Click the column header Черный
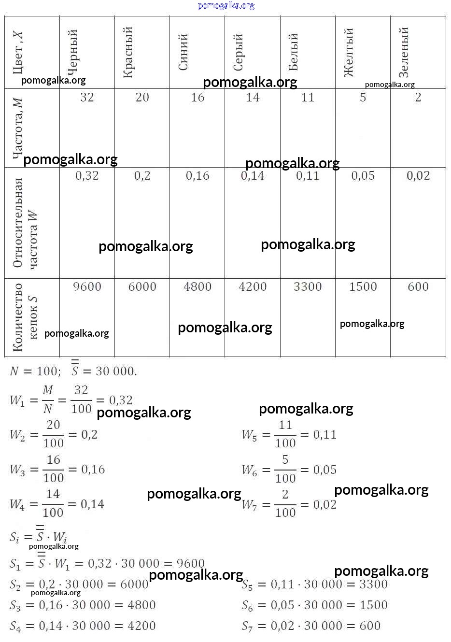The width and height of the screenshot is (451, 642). coord(72,52)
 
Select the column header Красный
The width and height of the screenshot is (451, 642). coord(127,52)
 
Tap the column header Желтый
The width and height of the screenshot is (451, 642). coord(348,52)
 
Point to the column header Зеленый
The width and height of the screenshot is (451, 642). coord(404,52)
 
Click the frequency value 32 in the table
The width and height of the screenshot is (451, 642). coord(87,97)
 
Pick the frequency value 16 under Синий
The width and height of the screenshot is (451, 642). coord(197,97)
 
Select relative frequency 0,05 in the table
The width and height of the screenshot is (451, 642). coord(363,176)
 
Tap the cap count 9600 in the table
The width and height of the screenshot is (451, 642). coord(87,286)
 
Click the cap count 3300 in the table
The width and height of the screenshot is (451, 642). coord(308,286)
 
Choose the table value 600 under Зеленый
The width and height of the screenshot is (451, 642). coord(418,286)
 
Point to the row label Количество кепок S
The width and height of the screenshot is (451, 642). coord(24,317)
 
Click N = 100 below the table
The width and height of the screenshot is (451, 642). coord(34,371)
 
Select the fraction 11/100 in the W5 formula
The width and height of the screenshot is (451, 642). coord(285,434)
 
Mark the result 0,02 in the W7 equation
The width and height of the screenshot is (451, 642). coord(325,504)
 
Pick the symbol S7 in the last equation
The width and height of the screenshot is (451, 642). coord(247,627)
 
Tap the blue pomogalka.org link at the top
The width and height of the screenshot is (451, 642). coord(226,6)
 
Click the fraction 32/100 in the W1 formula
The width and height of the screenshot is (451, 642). coord(81,399)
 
